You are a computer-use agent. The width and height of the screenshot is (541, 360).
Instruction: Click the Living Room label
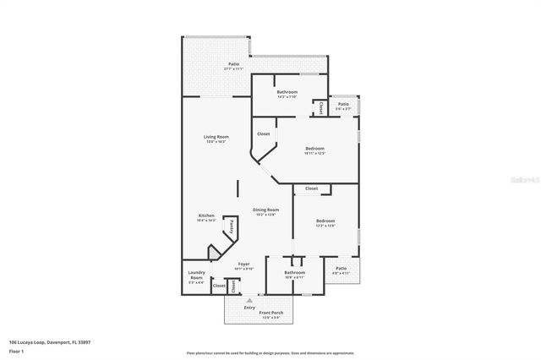[216, 137]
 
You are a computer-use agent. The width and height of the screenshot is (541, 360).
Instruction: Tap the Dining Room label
[265, 210]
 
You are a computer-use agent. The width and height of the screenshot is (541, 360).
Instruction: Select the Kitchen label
[206, 215]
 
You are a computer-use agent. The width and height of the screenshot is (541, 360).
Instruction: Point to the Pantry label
[231, 227]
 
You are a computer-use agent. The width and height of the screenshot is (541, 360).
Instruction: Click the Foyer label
[243, 264]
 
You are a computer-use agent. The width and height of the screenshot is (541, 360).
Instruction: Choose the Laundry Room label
[196, 275]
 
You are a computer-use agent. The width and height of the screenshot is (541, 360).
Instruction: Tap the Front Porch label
[270, 313]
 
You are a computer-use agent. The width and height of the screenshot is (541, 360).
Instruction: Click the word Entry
[249, 307]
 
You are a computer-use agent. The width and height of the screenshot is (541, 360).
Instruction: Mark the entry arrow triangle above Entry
[249, 299]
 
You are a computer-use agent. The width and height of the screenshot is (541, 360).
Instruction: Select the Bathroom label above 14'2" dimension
[287, 91]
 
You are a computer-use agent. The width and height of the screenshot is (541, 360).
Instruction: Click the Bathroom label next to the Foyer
[294, 272]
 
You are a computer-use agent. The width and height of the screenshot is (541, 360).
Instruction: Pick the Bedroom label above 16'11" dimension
[314, 149]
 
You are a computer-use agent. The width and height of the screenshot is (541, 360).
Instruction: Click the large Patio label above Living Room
[233, 64]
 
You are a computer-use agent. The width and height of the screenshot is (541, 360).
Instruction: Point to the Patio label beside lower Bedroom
[342, 268]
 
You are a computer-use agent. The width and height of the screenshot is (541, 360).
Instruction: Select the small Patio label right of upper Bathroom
[343, 104]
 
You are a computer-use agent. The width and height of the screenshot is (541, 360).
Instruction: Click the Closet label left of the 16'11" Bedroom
[264, 134]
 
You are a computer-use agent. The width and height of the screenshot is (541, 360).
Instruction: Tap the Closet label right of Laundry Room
[219, 286]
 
